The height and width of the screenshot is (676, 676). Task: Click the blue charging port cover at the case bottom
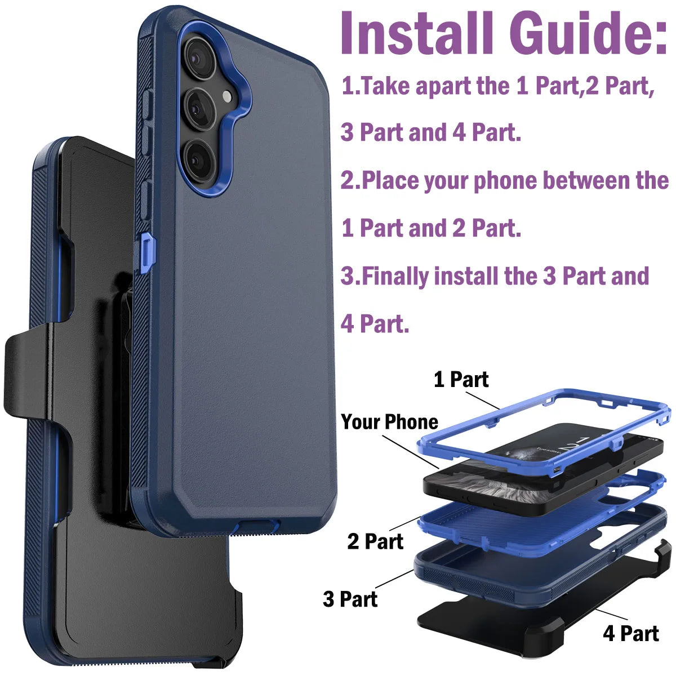[256, 527]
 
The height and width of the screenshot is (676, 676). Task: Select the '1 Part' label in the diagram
[461, 380]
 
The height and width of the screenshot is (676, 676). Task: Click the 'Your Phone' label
[389, 422]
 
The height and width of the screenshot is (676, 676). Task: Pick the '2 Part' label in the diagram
[375, 541]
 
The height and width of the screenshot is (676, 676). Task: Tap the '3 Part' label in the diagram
[350, 599]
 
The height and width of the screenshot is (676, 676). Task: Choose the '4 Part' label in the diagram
[630, 633]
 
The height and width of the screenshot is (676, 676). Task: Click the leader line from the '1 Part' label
[482, 400]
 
